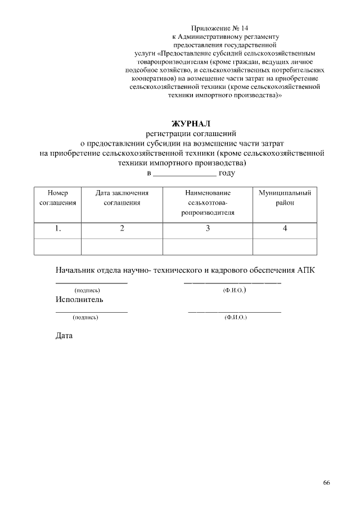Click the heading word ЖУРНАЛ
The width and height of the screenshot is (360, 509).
(x=190, y=123)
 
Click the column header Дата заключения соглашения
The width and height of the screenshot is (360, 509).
(x=121, y=197)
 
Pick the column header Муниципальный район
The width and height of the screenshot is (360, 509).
(x=285, y=197)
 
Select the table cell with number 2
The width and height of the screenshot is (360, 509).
(x=121, y=228)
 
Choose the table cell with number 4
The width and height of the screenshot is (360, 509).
(x=285, y=228)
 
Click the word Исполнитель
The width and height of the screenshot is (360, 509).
(x=79, y=299)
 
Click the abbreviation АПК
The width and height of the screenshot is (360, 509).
(x=306, y=270)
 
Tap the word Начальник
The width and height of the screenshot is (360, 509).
(x=78, y=270)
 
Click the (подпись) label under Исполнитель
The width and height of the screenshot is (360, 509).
(x=85, y=318)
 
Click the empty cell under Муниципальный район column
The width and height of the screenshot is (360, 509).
(x=285, y=246)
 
